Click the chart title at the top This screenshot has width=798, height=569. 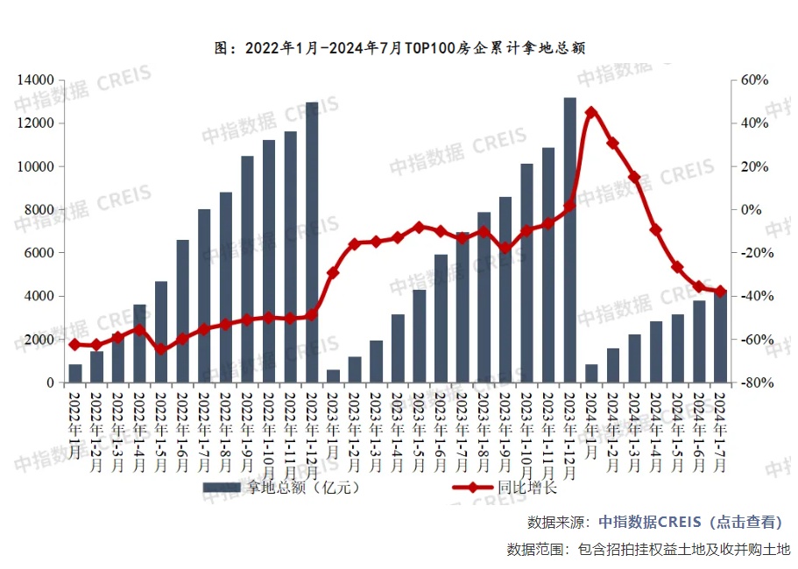pos(399,48)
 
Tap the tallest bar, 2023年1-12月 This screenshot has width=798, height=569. pos(569,240)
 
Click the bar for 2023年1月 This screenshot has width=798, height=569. pos(333,376)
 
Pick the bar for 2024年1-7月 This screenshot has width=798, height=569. pos(720,338)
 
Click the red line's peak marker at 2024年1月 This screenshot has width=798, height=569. pos(591,113)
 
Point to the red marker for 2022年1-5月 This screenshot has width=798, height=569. pos(161,350)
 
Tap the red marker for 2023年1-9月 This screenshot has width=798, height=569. pos(505,248)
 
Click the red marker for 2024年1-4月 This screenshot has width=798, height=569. pos(655,229)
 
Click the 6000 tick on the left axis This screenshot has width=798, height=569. pos(39,253)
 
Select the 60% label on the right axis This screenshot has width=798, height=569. pos(754,81)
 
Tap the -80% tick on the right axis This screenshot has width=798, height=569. pos(752,383)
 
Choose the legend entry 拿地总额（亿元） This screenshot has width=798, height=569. pos(280,488)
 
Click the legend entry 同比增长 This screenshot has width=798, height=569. pos(507,488)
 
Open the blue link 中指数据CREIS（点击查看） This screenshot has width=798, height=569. pos(689,522)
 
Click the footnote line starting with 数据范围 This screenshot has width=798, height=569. pos(648,550)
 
